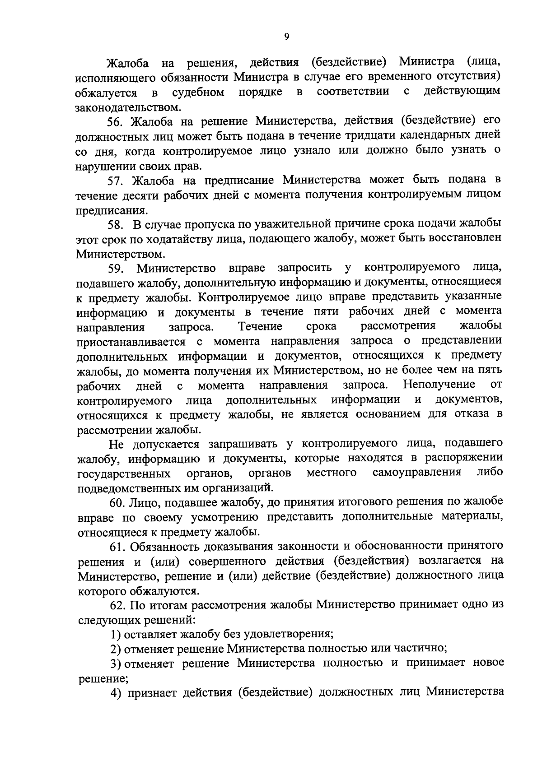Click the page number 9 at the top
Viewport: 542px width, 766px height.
pos(287,37)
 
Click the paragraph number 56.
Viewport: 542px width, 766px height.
pos(116,121)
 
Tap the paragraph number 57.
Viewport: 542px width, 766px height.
pos(116,181)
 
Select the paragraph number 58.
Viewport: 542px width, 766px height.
pos(116,224)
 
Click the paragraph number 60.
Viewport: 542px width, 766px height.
pos(117,502)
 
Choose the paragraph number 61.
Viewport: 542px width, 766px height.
pos(117,547)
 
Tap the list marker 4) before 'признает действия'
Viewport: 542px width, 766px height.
pos(116,692)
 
